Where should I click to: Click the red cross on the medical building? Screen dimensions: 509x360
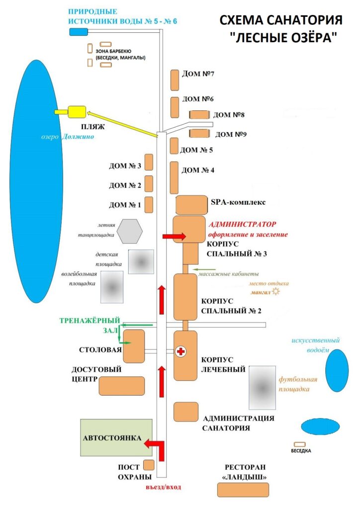pyautogui.click(x=180, y=352)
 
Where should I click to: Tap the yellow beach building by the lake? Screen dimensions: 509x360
pyautogui.click(x=77, y=111)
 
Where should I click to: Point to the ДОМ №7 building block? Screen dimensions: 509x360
pyautogui.click(x=175, y=80)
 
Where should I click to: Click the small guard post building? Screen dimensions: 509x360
pyautogui.click(x=149, y=465)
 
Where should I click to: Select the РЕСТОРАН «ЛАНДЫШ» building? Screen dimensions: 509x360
pyautogui.click(x=243, y=490)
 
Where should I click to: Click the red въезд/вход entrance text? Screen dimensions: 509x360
pyautogui.click(x=163, y=487)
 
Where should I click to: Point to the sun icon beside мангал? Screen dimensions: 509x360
pyautogui.click(x=276, y=292)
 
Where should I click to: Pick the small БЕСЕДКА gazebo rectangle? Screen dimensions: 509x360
pyautogui.click(x=300, y=444)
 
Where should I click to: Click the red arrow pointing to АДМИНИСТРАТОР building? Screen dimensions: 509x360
pyautogui.click(x=174, y=237)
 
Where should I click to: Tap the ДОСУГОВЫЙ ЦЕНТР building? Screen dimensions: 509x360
pyautogui.click(x=122, y=386)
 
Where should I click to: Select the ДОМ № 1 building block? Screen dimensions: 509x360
pyautogui.click(x=148, y=204)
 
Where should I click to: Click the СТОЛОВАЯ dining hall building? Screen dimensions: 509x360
pyautogui.click(x=134, y=345)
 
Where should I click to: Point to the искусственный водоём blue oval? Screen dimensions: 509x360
pyautogui.click(x=337, y=370)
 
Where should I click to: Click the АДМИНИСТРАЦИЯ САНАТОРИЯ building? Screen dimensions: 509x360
pyautogui.click(x=185, y=412)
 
